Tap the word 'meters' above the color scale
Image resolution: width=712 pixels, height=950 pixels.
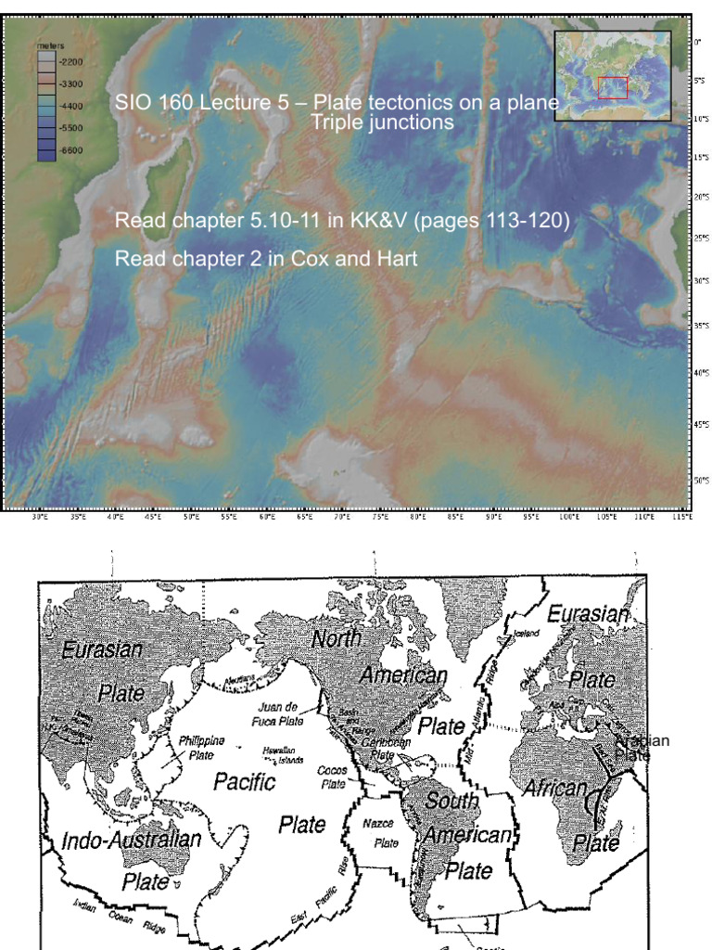pos(49,44)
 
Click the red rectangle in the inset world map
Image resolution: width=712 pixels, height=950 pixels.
pos(613,87)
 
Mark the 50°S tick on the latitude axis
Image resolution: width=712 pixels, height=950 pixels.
pos(701,480)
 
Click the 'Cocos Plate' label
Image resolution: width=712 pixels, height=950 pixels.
pos(332,777)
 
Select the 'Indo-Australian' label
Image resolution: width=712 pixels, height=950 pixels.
pos(131,841)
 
